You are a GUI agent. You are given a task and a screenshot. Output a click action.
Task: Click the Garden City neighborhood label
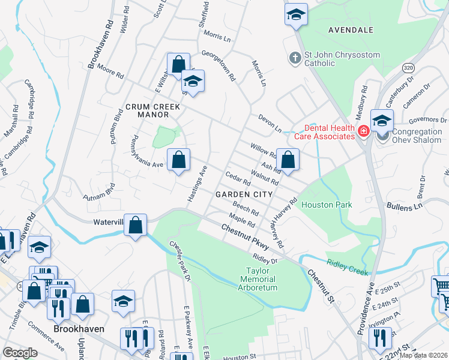pyautogui.click(x=244, y=194)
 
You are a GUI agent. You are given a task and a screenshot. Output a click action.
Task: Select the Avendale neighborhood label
pyautogui.click(x=351, y=30)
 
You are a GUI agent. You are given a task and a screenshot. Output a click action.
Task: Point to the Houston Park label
pyautogui.click(x=327, y=205)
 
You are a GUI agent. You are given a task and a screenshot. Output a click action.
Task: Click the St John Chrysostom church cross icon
pyautogui.click(x=295, y=59)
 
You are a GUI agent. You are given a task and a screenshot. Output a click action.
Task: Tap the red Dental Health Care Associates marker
pyautogui.click(x=363, y=131)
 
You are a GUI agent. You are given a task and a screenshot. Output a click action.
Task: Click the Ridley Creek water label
pyautogui.click(x=347, y=268)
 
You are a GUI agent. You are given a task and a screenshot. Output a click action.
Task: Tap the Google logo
pyautogui.click(x=20, y=352)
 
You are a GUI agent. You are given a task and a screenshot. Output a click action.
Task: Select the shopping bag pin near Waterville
pyautogui.click(x=136, y=225)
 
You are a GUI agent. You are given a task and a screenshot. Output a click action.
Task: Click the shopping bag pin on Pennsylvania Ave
pyautogui.click(x=178, y=160)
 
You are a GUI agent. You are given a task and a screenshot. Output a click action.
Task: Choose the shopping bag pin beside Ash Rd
pyautogui.click(x=288, y=160)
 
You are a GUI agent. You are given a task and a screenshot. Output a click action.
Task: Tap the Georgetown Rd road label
pyautogui.click(x=219, y=65)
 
